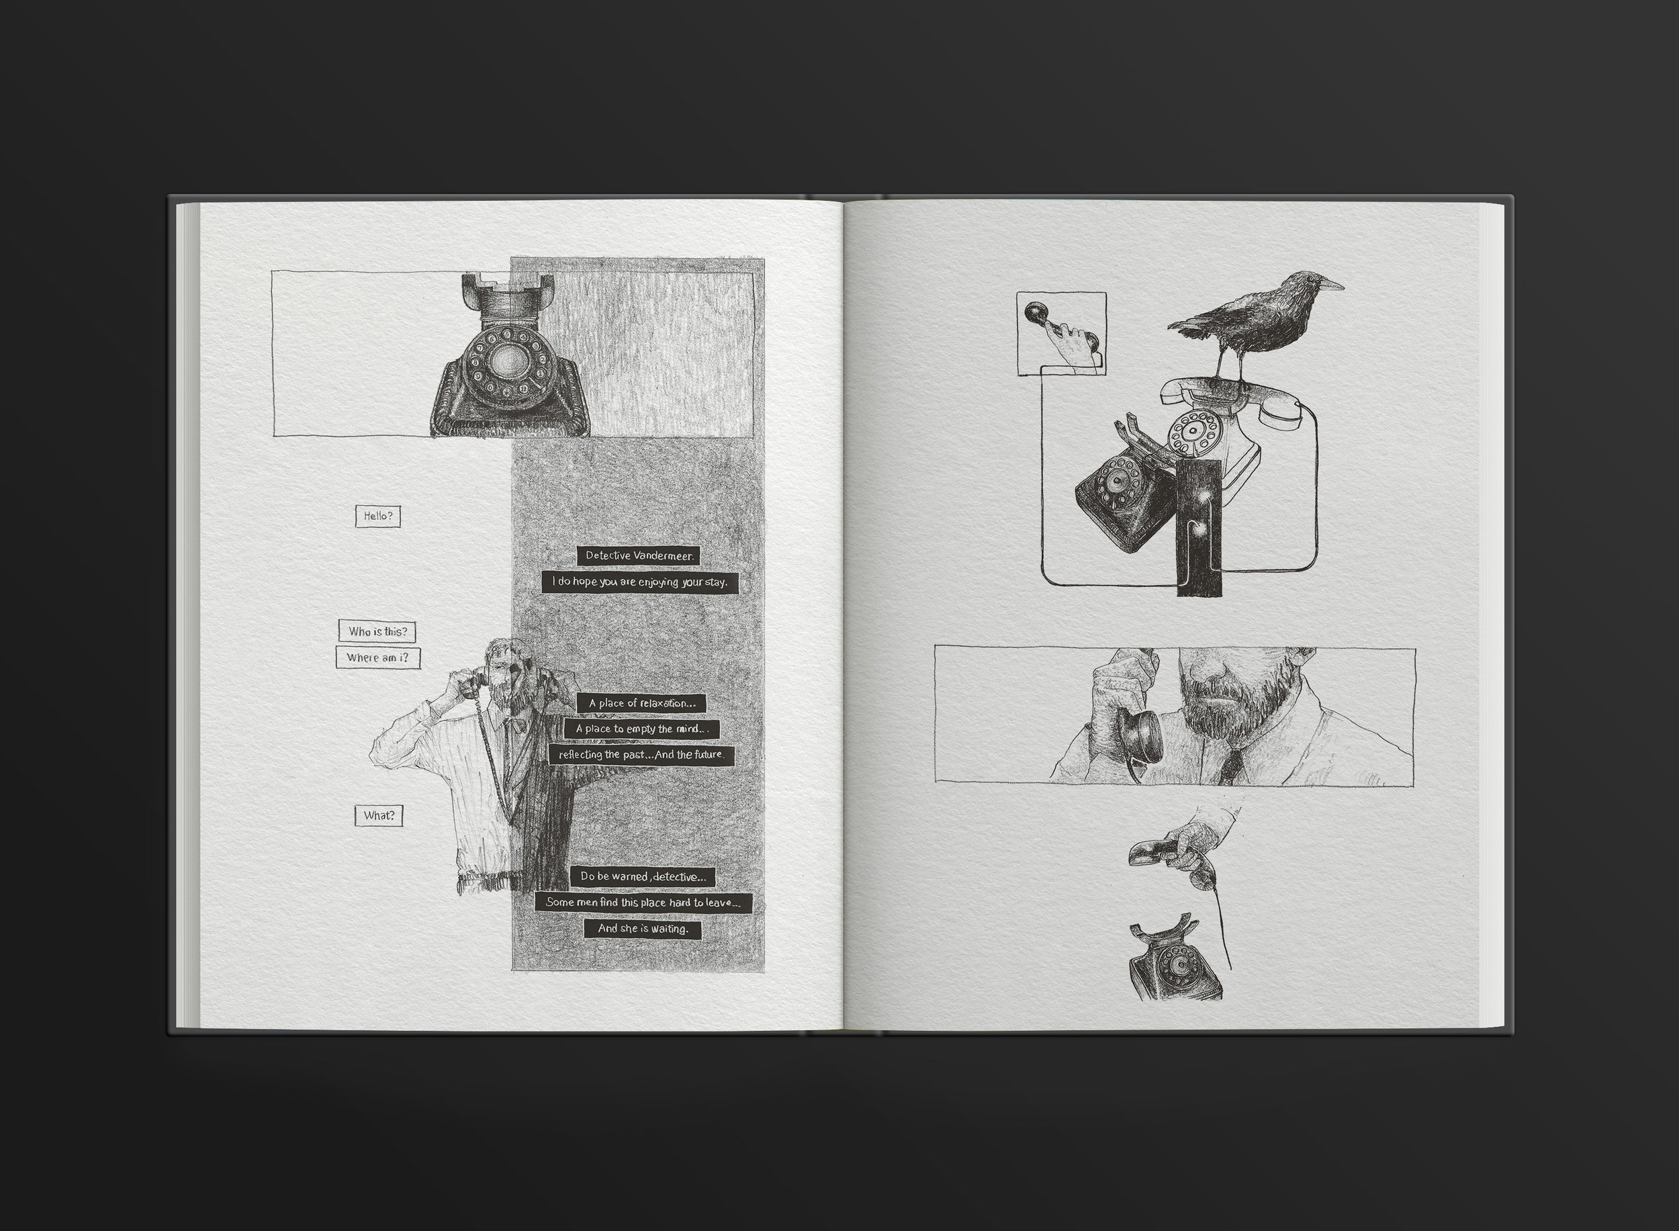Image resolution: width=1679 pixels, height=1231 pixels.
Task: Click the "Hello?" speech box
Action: [378, 516]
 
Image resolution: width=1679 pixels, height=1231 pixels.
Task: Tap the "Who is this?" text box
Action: [377, 631]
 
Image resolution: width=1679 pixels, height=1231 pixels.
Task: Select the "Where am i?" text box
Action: [378, 658]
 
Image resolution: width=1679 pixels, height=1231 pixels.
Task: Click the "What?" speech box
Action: [379, 815]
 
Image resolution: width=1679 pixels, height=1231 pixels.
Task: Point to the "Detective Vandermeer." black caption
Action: [639, 555]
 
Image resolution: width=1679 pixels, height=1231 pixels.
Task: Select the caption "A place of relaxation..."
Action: [641, 702]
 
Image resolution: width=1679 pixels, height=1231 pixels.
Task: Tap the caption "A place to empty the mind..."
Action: [641, 729]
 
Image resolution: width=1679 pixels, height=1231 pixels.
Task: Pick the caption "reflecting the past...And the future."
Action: [641, 755]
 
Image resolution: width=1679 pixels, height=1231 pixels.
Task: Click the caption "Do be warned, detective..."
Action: [643, 876]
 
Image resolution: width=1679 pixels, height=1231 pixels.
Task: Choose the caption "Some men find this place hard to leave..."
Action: [643, 903]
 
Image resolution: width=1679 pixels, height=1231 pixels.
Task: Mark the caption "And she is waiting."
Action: [643, 929]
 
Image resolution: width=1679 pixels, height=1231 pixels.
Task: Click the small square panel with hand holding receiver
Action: [1061, 333]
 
